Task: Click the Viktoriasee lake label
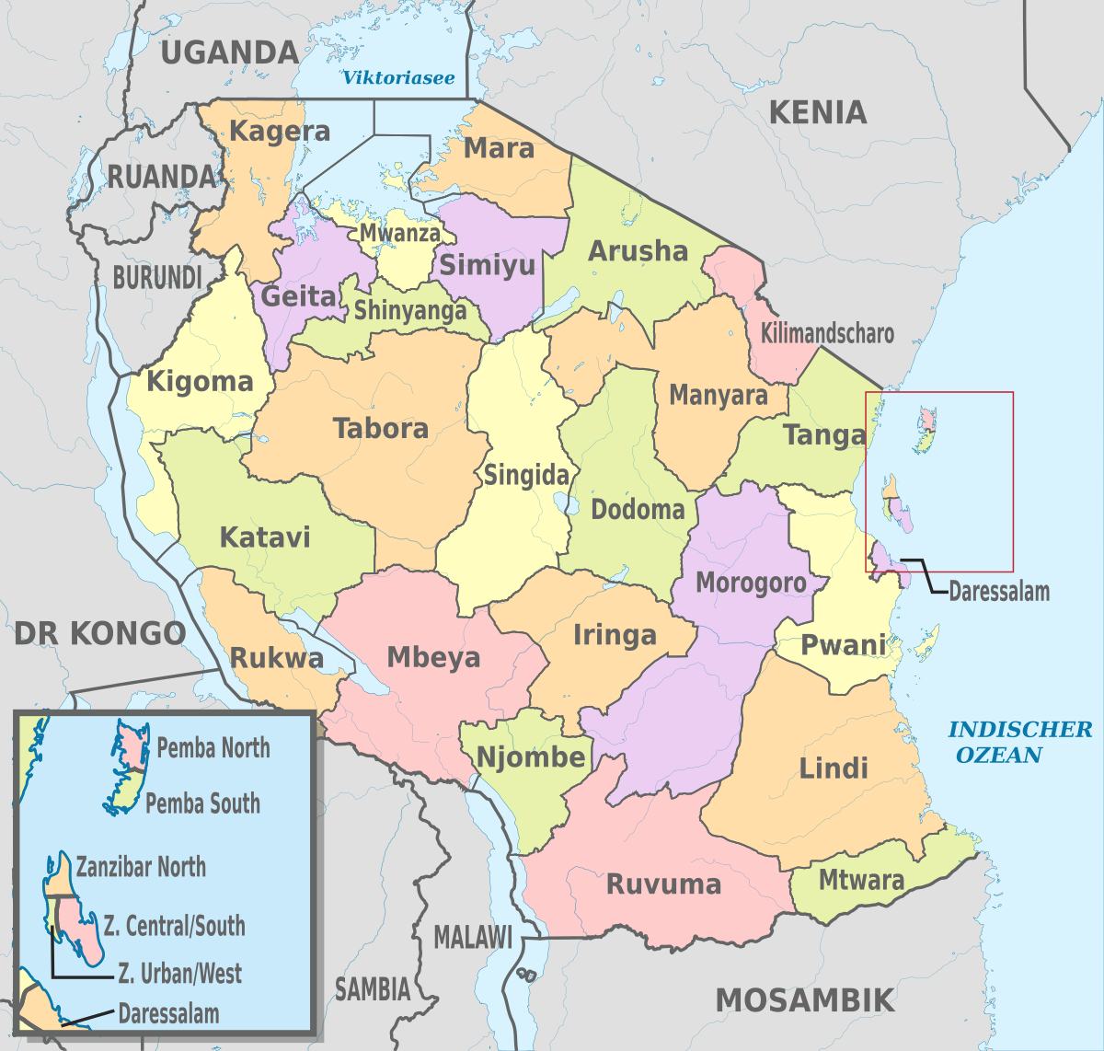(x=398, y=78)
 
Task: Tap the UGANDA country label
(x=230, y=52)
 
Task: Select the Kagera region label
(x=280, y=132)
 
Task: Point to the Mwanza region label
(x=400, y=233)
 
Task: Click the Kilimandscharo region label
(x=827, y=333)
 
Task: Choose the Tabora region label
(x=381, y=429)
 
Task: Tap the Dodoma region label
(x=638, y=510)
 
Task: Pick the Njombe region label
(x=531, y=757)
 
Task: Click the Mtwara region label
(x=861, y=881)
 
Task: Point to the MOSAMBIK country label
(x=805, y=1000)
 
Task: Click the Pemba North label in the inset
(x=213, y=748)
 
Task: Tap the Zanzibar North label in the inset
(x=141, y=867)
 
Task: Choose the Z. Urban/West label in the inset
(x=180, y=974)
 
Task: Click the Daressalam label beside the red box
(x=999, y=592)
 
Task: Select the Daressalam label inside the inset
(x=168, y=1015)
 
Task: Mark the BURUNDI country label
(x=157, y=277)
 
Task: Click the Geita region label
(x=299, y=296)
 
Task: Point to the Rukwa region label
(x=276, y=659)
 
